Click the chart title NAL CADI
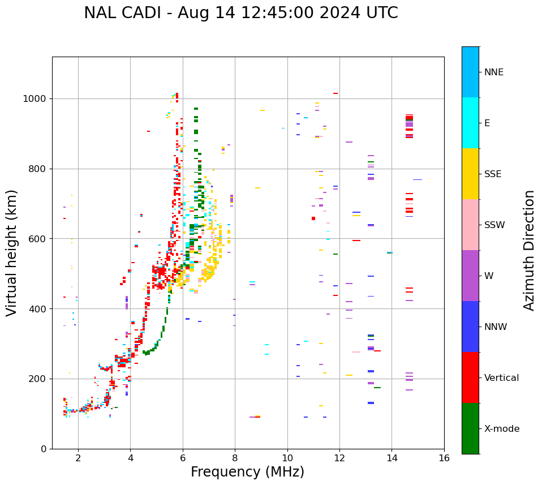tap(240, 13)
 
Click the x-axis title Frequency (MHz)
tap(247, 472)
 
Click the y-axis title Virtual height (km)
tap(12, 252)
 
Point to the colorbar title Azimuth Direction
tap(529, 250)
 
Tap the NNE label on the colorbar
tap(493, 72)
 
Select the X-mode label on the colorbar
tap(501, 428)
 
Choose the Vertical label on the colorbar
tap(501, 377)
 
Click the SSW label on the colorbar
tap(494, 225)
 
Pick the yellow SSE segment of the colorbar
tap(470, 173)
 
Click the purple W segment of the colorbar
tap(470, 275)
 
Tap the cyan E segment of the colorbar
tap(470, 122)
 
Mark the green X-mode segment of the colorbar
tap(470, 428)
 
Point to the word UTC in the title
tap(380, 13)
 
